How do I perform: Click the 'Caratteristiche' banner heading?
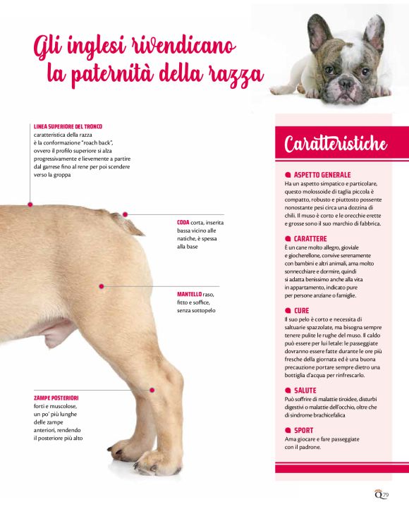click(336, 144)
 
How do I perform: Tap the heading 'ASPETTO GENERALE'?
click(322, 175)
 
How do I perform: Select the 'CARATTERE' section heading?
click(310, 238)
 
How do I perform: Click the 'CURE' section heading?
click(301, 311)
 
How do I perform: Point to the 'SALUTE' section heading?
click(305, 391)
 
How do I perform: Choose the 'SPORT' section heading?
click(303, 431)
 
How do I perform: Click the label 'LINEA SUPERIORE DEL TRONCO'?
click(68, 127)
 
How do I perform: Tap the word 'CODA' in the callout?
click(183, 223)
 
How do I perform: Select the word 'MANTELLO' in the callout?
click(189, 295)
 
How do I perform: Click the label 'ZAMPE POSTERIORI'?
click(56, 398)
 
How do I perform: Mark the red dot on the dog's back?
click(30, 204)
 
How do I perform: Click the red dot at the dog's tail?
click(125, 214)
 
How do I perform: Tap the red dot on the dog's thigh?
click(102, 286)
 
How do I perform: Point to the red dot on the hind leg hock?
click(152, 390)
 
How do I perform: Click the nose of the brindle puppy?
click(345, 83)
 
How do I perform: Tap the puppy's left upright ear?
click(318, 32)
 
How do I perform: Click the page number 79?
click(385, 495)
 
